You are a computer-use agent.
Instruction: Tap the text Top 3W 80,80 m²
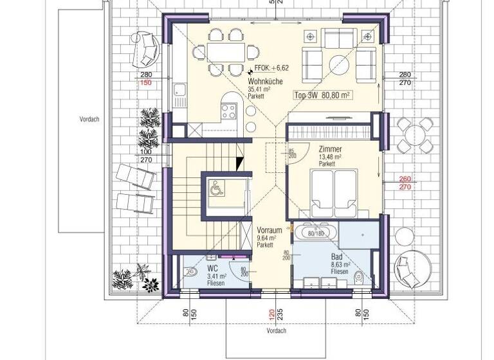[x=321, y=95]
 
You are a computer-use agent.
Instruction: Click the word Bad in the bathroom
[x=336, y=256]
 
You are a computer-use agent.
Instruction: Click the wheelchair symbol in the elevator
[x=215, y=188]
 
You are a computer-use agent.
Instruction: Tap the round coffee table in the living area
[x=339, y=63]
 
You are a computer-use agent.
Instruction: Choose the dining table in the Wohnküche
[x=224, y=50]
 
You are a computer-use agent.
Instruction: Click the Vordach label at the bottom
[x=275, y=332]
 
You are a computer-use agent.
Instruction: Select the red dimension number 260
[x=405, y=179]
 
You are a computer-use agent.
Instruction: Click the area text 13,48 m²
[x=329, y=156]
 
